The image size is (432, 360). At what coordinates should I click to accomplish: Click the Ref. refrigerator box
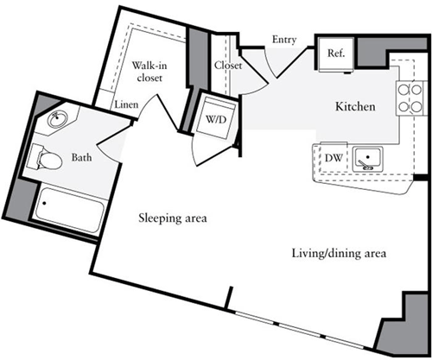coord(336,53)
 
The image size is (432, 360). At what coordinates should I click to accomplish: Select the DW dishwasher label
coord(334,158)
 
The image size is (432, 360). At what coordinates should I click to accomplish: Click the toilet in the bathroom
coord(46,158)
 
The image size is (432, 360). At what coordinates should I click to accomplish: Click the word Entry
coord(285,40)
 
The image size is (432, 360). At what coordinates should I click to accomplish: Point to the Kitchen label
coord(355,107)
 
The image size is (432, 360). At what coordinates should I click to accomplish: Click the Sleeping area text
coord(174,218)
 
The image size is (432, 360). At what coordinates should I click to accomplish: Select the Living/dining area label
coord(337,254)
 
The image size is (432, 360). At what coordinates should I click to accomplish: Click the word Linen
coord(127,104)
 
